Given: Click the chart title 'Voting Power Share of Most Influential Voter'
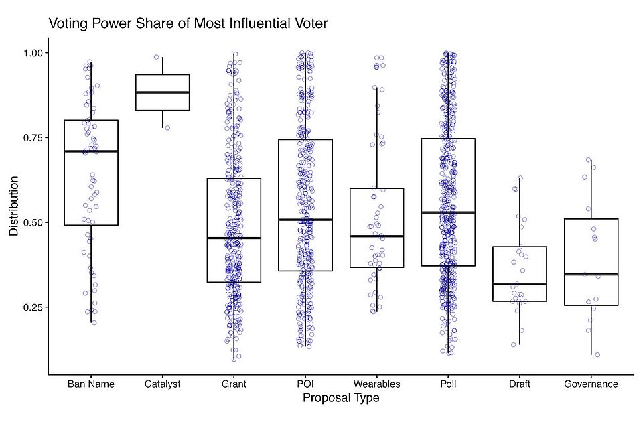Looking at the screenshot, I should [x=188, y=24].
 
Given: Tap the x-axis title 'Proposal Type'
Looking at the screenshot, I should [x=341, y=399].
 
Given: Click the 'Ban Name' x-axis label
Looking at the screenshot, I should [x=91, y=384].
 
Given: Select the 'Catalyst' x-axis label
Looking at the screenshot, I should [x=162, y=384].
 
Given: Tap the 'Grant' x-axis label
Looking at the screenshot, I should [x=234, y=384].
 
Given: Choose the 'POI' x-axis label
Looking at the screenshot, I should [x=305, y=384].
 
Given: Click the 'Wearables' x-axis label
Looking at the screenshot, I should [x=376, y=384].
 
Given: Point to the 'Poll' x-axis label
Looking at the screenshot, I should [x=448, y=384].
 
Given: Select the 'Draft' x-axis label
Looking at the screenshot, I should [x=520, y=384].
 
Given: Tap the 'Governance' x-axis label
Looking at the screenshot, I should [x=591, y=384].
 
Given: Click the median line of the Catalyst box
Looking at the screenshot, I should [x=162, y=92].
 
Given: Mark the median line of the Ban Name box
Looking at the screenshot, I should [x=91, y=151].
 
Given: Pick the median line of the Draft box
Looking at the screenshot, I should [x=520, y=284].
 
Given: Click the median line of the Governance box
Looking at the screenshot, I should [x=591, y=275].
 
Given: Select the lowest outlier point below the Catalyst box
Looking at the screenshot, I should [x=167, y=127].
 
